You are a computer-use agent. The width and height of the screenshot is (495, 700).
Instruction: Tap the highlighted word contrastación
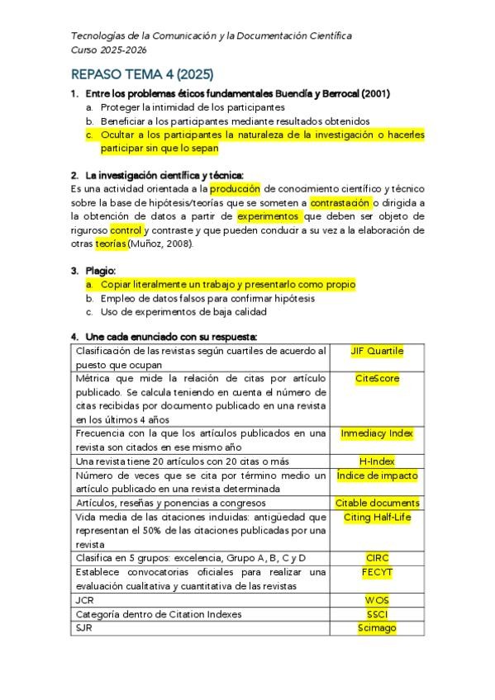pyautogui.click(x=340, y=202)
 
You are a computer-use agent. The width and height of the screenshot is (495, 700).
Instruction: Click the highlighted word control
pyautogui.click(x=126, y=230)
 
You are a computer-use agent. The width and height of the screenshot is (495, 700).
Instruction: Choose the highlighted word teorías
pyautogui.click(x=110, y=244)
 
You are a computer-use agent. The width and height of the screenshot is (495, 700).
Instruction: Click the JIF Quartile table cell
pyautogui.click(x=377, y=351)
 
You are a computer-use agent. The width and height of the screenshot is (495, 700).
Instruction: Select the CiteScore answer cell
pyautogui.click(x=377, y=379)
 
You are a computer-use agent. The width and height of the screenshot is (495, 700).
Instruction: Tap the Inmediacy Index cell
pyautogui.click(x=377, y=433)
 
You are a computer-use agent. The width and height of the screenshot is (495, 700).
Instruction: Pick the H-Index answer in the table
pyautogui.click(x=377, y=461)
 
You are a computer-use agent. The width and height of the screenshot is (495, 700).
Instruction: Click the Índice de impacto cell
pyautogui.click(x=377, y=475)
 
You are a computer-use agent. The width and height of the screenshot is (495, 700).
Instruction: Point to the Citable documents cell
pyautogui.click(x=377, y=503)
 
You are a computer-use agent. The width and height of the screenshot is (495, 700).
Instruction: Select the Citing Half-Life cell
pyautogui.click(x=377, y=517)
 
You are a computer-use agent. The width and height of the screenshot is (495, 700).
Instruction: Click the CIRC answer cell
pyautogui.click(x=377, y=557)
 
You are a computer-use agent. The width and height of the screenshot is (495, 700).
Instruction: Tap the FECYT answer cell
pyautogui.click(x=377, y=571)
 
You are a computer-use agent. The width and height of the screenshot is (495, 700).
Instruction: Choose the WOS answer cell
pyautogui.click(x=377, y=600)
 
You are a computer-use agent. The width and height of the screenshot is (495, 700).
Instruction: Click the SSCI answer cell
pyautogui.click(x=377, y=614)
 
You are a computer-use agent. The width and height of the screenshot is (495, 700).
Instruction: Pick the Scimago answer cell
pyautogui.click(x=377, y=628)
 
